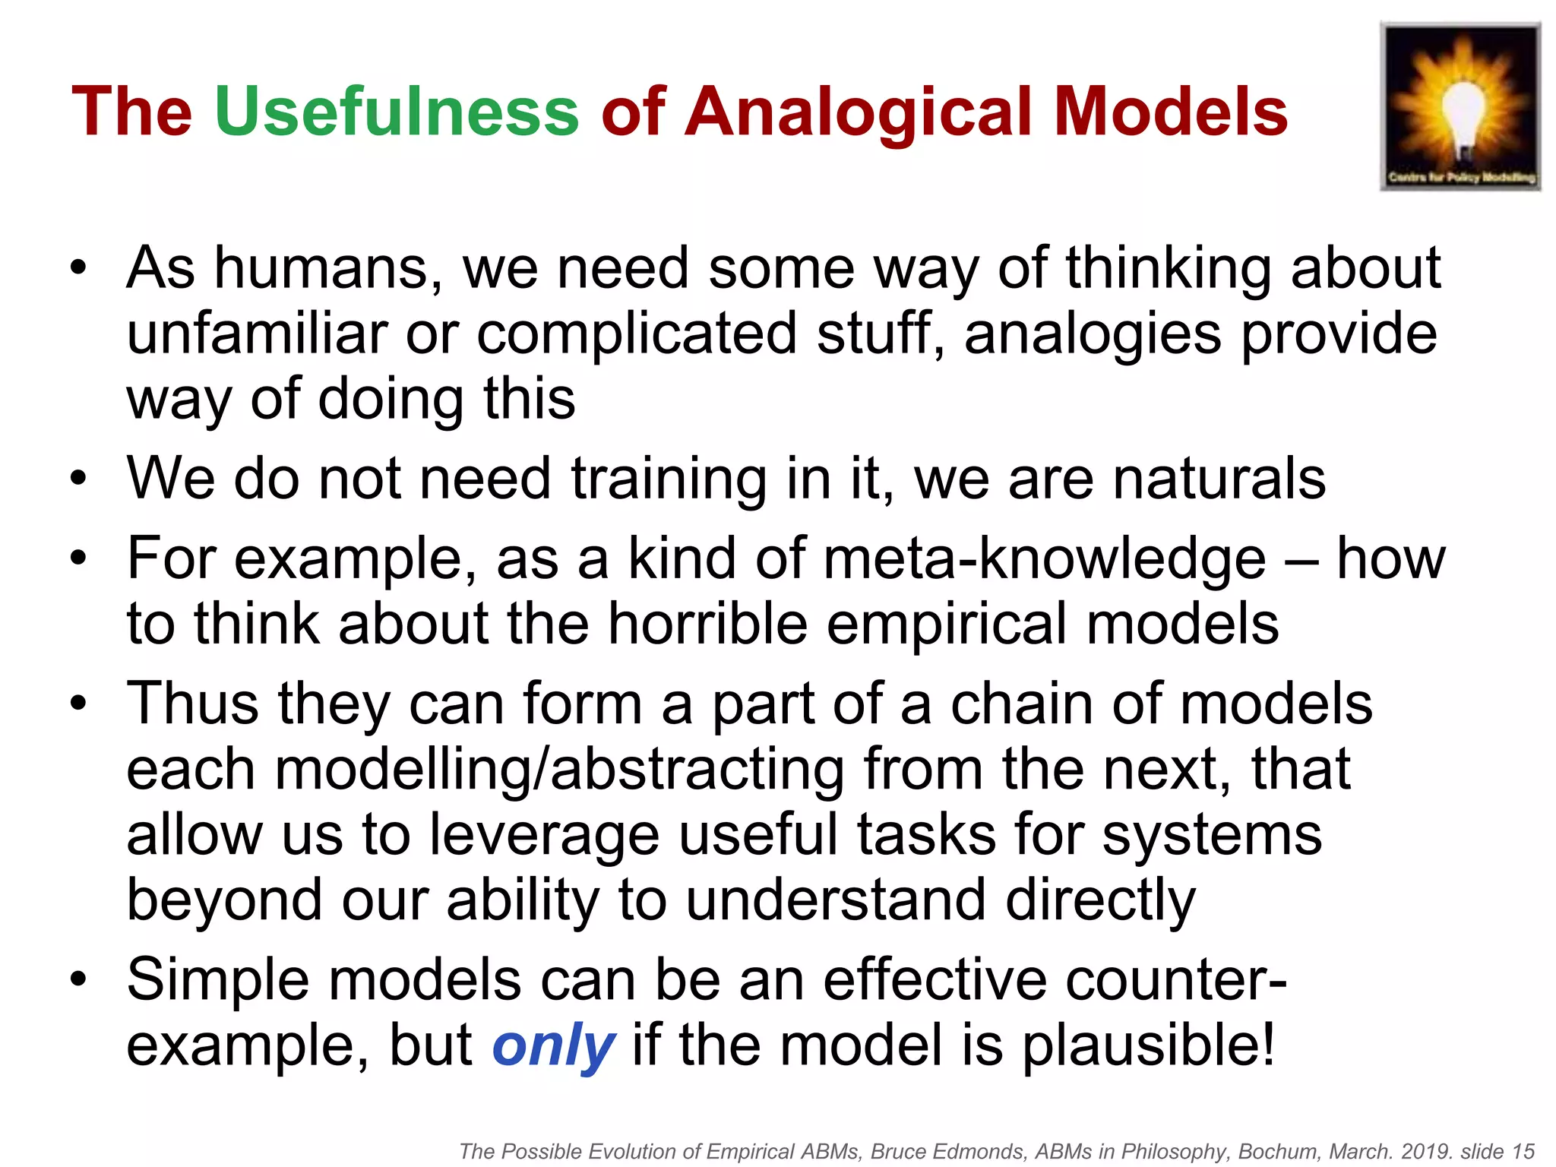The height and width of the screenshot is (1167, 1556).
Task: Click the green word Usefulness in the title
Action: pyautogui.click(x=397, y=112)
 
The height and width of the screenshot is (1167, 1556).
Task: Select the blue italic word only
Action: pyautogui.click(x=553, y=1045)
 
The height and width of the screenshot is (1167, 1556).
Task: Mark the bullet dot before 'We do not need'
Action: pyautogui.click(x=78, y=479)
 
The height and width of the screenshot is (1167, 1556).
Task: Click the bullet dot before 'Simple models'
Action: pyautogui.click(x=78, y=979)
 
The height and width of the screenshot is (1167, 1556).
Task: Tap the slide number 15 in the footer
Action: pyautogui.click(x=1523, y=1152)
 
